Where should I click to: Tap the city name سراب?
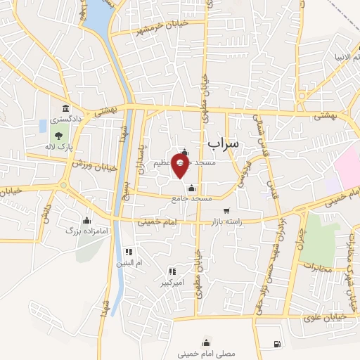click(x=224, y=143)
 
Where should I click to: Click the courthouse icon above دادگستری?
click(x=66, y=108)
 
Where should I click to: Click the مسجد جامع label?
click(x=192, y=199)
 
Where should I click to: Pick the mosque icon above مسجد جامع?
click(x=192, y=188)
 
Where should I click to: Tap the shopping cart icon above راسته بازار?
click(x=226, y=211)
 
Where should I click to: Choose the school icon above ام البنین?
click(x=128, y=252)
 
